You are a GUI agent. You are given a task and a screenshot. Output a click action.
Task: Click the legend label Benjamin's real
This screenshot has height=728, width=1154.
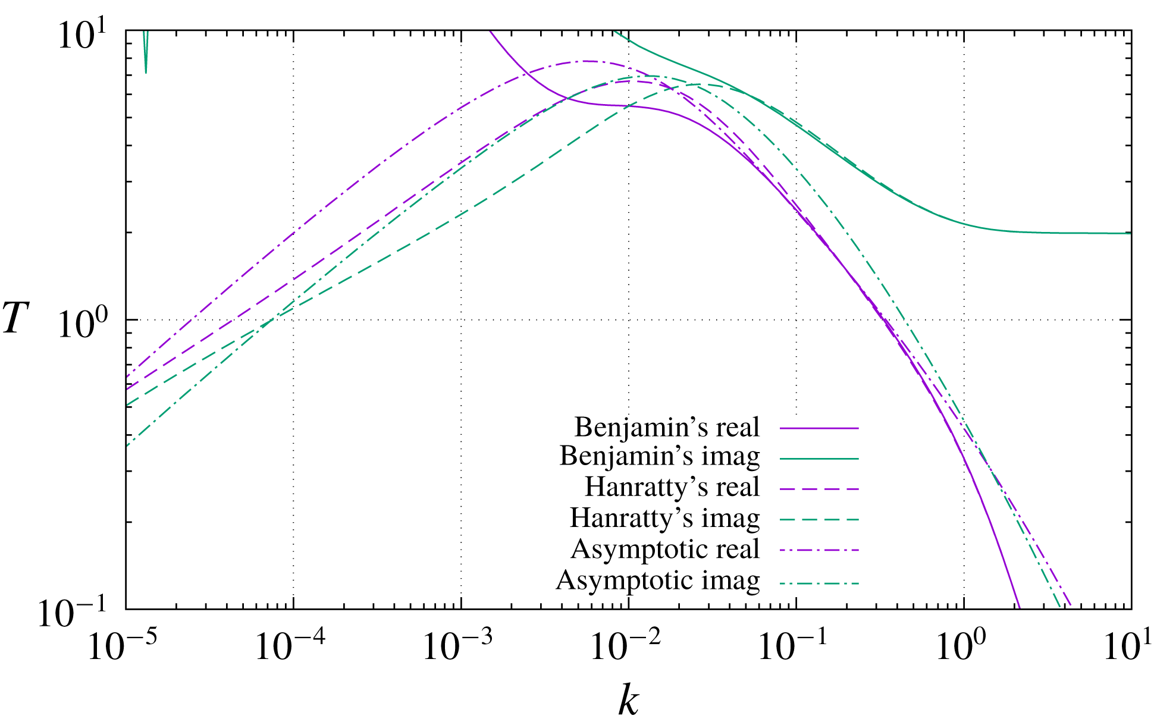(x=667, y=427)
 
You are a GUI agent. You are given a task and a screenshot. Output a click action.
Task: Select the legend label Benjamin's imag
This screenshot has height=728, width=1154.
(x=660, y=456)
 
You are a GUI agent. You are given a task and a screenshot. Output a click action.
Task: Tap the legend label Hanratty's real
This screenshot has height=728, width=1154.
(x=672, y=487)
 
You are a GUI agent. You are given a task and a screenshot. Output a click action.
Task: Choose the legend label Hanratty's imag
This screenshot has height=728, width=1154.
(x=665, y=518)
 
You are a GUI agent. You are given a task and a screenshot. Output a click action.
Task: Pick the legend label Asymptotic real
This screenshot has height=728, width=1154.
(x=665, y=549)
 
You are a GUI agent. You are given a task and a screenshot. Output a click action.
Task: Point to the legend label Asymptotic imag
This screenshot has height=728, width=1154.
(x=658, y=580)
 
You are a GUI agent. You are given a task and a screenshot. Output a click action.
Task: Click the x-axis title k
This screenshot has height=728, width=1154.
(x=628, y=701)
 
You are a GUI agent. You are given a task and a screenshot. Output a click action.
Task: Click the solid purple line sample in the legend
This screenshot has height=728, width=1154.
(x=819, y=428)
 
